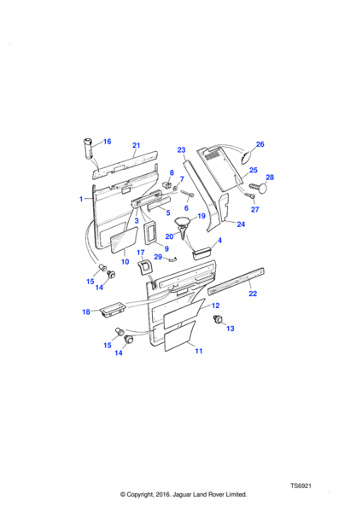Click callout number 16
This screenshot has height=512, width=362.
pos(108,142)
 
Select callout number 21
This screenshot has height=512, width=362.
pos(137,145)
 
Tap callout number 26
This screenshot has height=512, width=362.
pos(260,144)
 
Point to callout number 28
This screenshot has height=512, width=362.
pos(270,177)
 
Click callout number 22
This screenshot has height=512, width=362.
pos(253,294)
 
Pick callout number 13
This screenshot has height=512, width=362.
pos(231,329)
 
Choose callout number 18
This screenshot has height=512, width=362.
pos(86,311)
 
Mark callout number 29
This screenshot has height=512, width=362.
pos(158,257)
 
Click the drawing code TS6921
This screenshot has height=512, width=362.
pos(301,486)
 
